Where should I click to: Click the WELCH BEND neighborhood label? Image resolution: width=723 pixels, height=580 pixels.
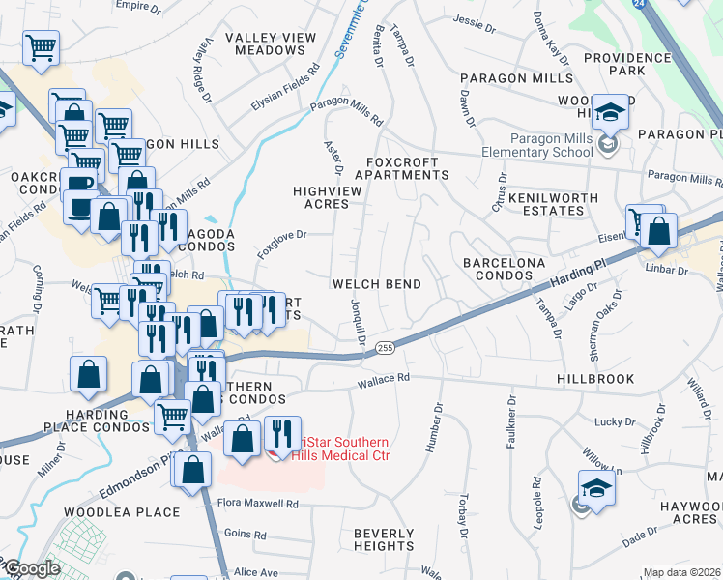(x=377, y=284)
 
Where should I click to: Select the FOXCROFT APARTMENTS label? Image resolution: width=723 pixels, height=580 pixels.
(x=402, y=169)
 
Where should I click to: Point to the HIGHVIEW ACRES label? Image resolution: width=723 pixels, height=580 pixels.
(x=328, y=198)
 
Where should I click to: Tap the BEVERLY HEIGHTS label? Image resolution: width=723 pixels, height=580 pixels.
(x=384, y=540)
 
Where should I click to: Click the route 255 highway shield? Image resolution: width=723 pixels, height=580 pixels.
(x=385, y=347)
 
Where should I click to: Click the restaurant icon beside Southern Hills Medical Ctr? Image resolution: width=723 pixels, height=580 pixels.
(x=281, y=435)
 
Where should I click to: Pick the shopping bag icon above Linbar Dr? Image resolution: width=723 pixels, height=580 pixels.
(x=658, y=232)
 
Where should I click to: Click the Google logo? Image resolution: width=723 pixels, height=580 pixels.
(x=31, y=569)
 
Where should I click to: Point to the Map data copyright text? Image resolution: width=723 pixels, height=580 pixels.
(x=681, y=573)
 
